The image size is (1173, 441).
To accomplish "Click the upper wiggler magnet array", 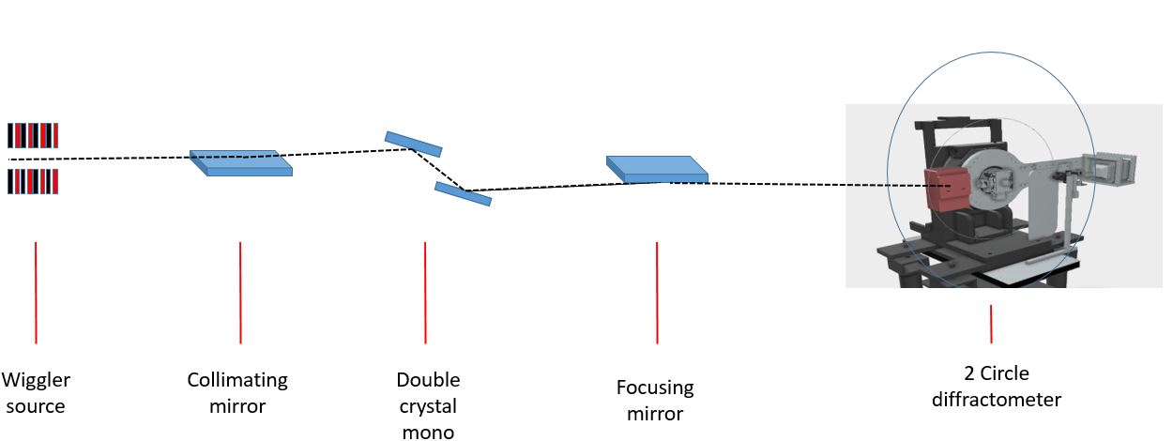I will coord(33,136).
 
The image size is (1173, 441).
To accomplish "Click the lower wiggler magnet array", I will coord(33,180).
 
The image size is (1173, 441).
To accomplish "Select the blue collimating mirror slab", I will coord(241,163).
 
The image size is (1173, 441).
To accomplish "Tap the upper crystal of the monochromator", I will coord(413,143).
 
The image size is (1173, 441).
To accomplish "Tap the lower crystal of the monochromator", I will coord(463,193).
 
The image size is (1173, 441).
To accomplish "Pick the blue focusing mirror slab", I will coord(657,169).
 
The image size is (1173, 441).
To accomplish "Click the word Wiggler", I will coord(36,381).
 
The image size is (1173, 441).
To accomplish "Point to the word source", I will coord(36,406).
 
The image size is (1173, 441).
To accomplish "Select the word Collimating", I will coord(237,381).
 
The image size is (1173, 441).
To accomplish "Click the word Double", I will coord(428,381).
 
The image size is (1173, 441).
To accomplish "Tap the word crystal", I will coord(428,406).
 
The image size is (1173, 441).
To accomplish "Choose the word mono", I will coord(428,432).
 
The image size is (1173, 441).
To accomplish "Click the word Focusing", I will coord(655,388).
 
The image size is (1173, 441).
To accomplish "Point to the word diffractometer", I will coord(997,400).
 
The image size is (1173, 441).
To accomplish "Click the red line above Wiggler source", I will coord(36,292).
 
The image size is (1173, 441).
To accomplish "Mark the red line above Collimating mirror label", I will coord(240,292).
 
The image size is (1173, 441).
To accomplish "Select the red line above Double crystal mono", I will coord(425,292).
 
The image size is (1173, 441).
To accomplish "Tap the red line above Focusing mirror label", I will coord(657,292).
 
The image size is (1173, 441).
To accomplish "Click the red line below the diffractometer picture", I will coord(991,324).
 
